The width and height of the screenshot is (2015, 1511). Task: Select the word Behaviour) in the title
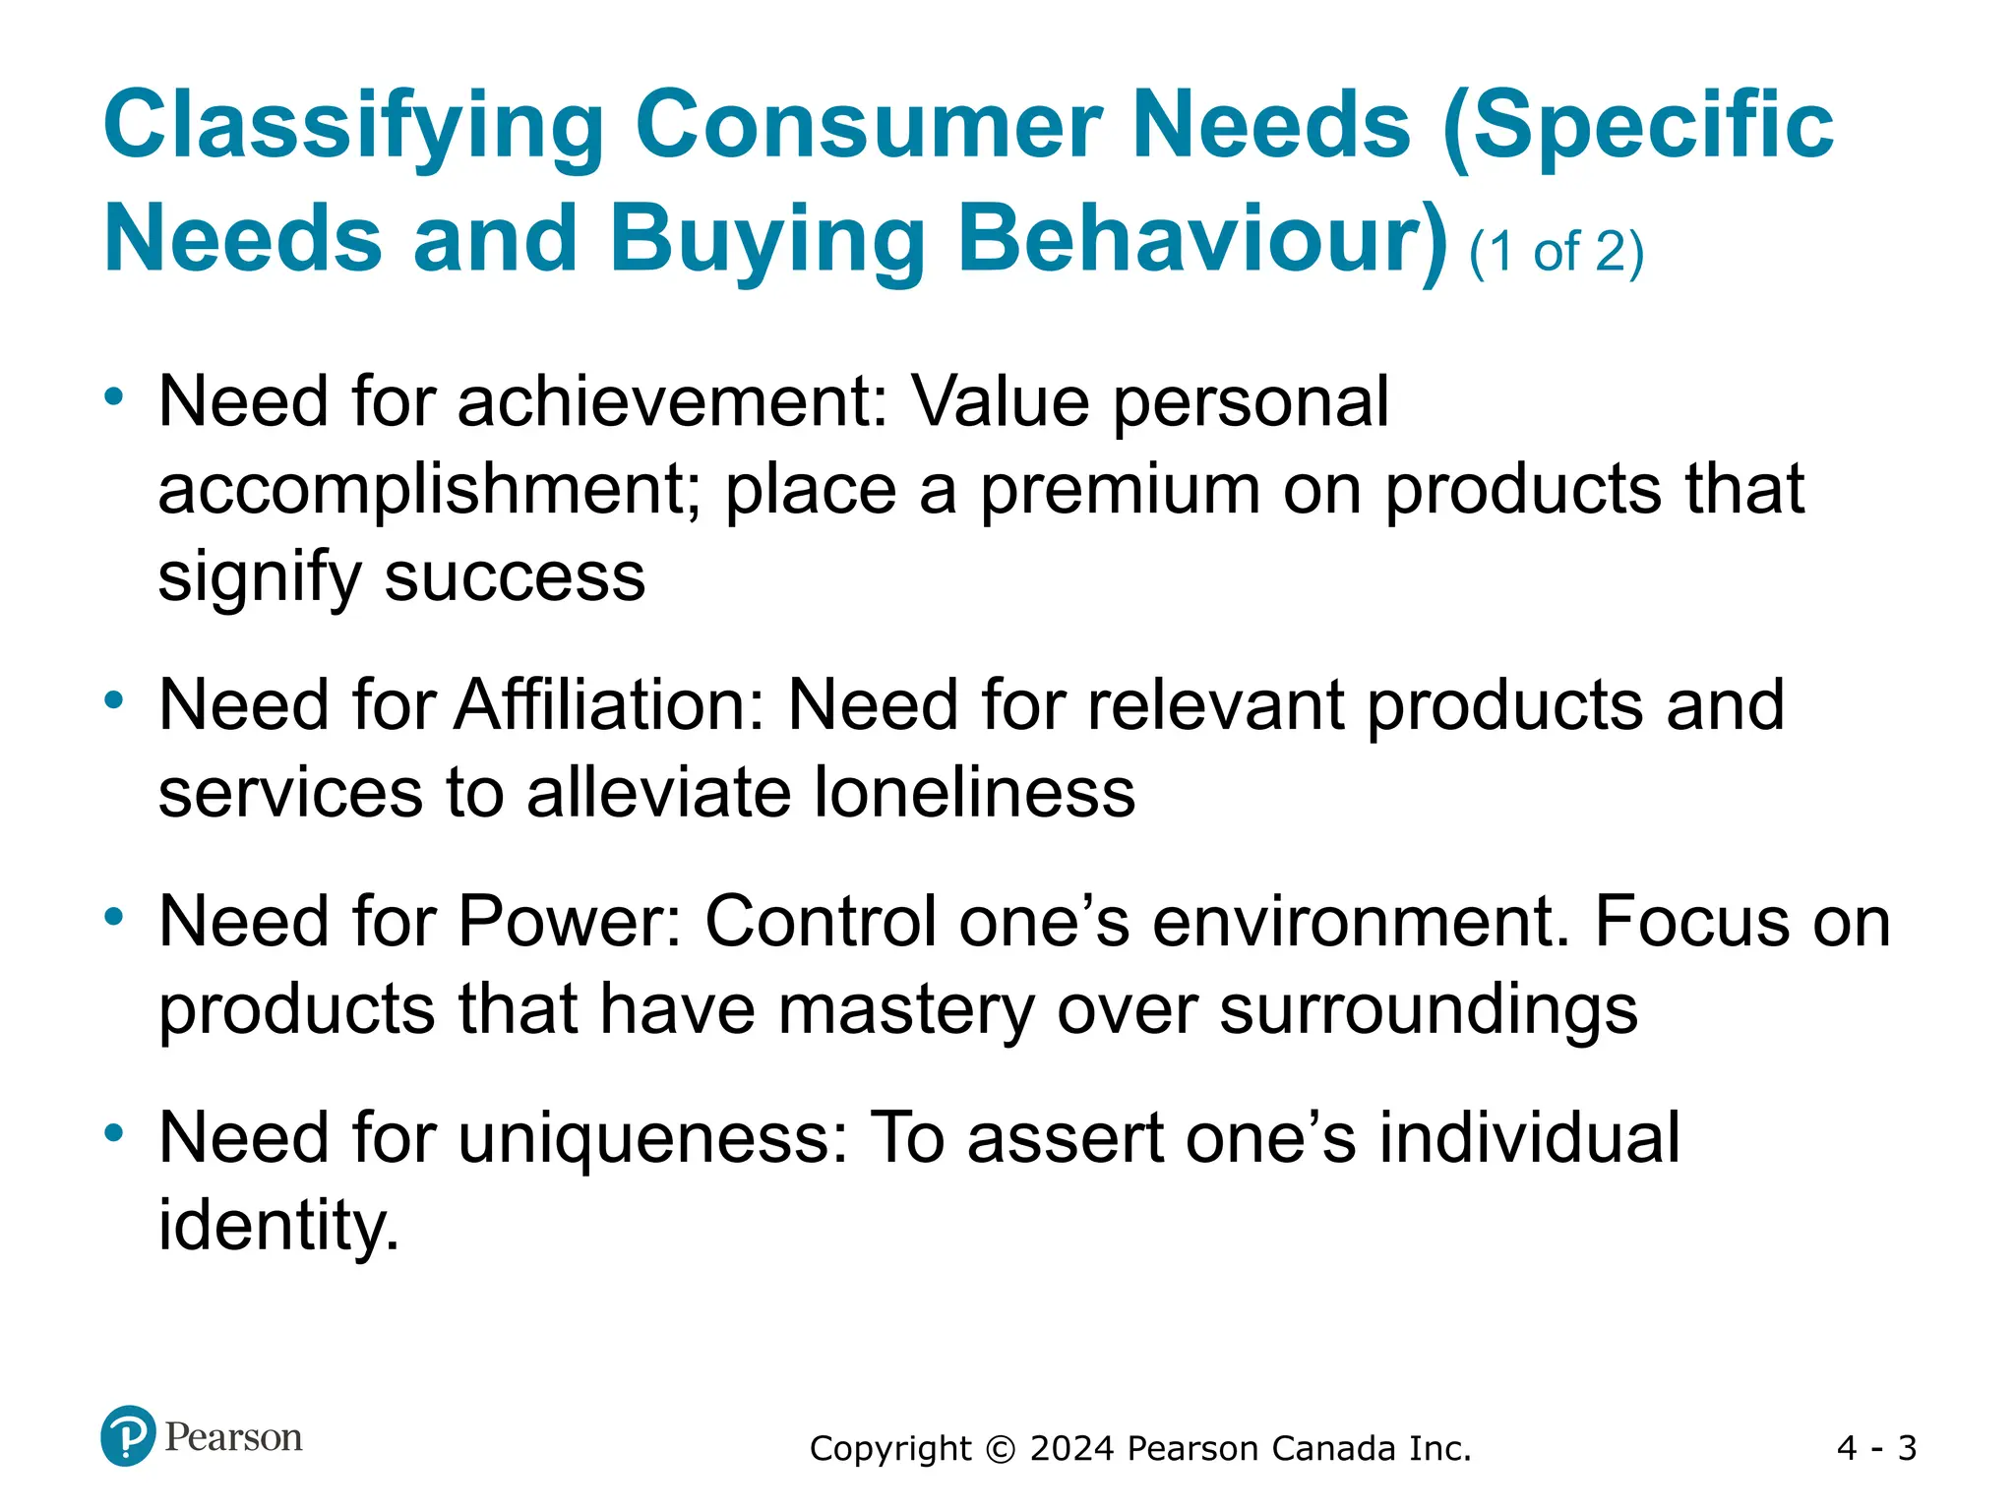1202,240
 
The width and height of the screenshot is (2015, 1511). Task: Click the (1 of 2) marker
1556,252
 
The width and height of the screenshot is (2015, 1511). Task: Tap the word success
514,576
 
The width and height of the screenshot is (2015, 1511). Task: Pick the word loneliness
974,793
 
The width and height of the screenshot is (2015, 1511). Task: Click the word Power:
570,922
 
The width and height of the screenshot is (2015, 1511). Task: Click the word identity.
278,1226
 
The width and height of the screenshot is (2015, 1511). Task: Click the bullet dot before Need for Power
114,917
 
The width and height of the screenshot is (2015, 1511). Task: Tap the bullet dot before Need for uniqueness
114,1133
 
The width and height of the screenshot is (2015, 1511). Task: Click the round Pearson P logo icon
128,1436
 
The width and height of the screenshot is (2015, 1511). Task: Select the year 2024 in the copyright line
1072,1449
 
